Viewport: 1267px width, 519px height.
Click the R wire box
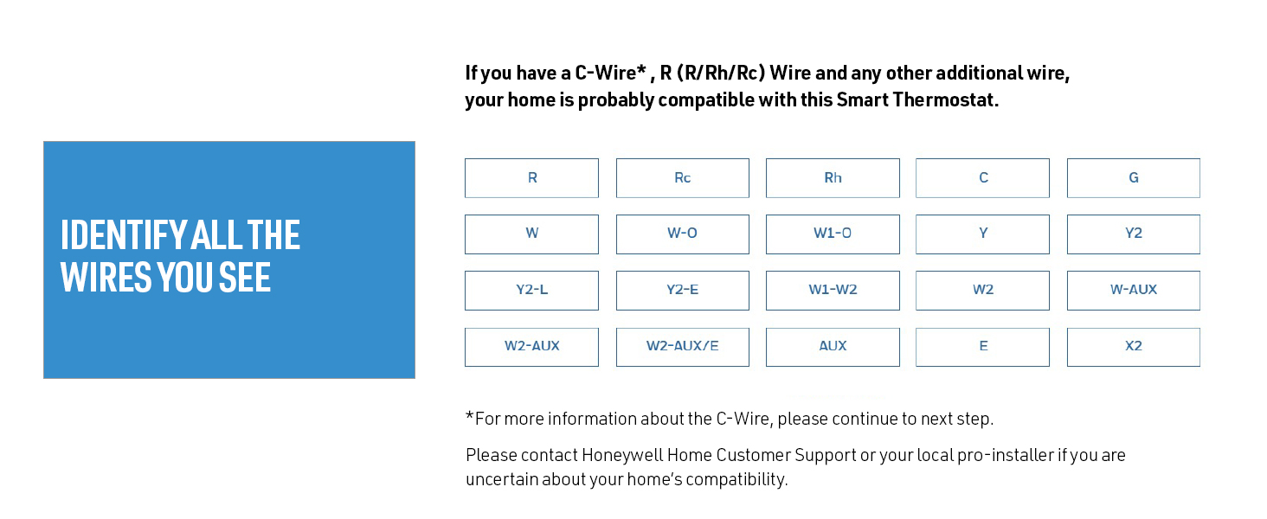pos(531,178)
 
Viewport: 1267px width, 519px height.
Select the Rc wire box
pos(682,178)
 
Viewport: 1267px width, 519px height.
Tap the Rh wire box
pos(833,178)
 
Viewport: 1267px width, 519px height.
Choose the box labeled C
pos(982,178)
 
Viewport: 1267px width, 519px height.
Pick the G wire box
pos(1133,178)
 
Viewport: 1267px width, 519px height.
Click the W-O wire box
pos(682,234)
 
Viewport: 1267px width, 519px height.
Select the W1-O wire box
pos(833,234)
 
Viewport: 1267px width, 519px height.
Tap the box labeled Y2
pos(1133,234)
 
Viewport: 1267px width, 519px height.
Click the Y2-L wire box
pos(531,290)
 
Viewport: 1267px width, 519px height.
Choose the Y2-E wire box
pos(682,290)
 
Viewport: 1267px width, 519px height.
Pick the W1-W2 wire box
pos(833,290)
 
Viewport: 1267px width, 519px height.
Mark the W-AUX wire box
pos(1133,290)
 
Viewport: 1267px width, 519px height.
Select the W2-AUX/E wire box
pos(682,346)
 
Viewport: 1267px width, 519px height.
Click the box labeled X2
pos(1133,346)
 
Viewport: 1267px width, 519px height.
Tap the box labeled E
pos(982,346)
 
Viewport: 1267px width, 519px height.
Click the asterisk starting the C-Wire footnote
pos(470,417)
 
